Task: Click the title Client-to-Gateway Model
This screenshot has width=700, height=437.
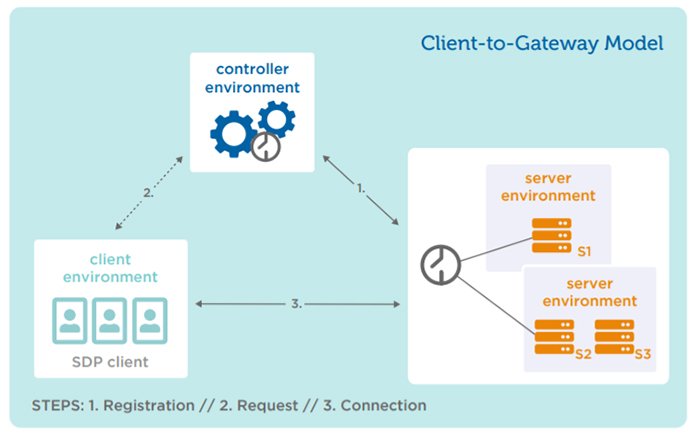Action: coord(542,43)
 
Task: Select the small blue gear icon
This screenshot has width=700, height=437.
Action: coord(276,119)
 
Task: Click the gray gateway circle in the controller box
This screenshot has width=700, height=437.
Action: coord(266,146)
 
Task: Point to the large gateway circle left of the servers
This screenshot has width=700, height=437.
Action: coord(440,265)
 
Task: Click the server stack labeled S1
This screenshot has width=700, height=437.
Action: coord(551,235)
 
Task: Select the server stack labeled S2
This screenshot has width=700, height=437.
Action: coord(554,337)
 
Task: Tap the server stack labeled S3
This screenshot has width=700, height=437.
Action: coord(614,337)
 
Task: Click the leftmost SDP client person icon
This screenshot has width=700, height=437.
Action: coord(70,320)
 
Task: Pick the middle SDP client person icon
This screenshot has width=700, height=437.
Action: coord(109,320)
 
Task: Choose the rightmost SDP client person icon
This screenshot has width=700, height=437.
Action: coord(150,320)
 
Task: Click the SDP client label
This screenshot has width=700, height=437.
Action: coord(110,362)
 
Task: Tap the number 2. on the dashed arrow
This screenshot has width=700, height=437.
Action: coord(148,193)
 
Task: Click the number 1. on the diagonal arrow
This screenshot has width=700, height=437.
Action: coord(361,188)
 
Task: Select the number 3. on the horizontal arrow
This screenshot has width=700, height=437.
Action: coord(296,304)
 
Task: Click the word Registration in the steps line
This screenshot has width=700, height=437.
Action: coord(149,405)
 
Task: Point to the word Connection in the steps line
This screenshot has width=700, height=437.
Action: coord(383,405)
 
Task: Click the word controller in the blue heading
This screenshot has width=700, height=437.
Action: coord(252,69)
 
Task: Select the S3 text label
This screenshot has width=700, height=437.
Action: coord(643,354)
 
